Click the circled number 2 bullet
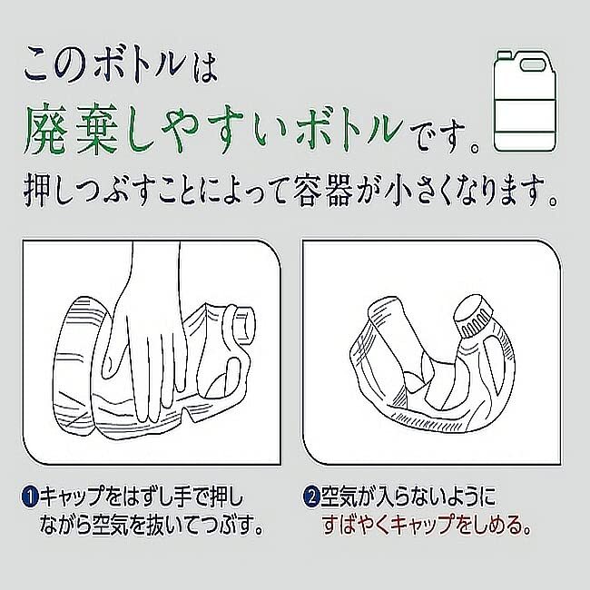[310, 497]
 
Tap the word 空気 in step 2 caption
[341, 497]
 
